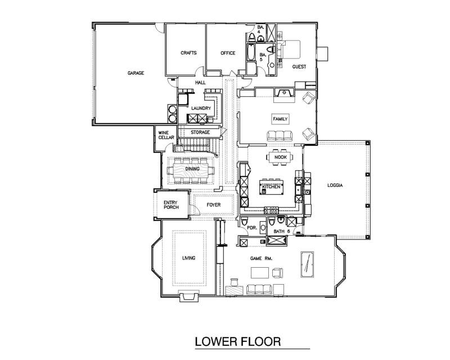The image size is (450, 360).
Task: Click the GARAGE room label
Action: click(136, 73)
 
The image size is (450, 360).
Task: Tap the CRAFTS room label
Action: click(188, 53)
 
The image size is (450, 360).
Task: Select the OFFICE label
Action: click(228, 53)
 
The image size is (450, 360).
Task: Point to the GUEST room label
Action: click(299, 66)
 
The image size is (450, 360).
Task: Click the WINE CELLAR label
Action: click(166, 135)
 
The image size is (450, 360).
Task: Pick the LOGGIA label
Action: click(335, 185)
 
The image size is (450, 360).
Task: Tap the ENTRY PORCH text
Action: click(171, 205)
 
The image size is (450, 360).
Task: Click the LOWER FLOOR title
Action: click(238, 341)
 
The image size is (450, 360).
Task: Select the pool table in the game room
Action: click(307, 264)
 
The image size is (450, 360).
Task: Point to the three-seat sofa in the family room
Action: click(280, 136)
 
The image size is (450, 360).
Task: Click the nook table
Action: click(280, 157)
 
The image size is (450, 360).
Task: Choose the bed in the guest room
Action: click(290, 49)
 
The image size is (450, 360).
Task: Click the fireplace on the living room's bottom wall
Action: click(188, 296)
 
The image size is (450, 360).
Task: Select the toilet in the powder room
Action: click(244, 221)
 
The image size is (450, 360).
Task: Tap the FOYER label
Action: click(214, 205)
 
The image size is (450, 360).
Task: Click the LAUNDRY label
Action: click(201, 108)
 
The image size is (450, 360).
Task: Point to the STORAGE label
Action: click(200, 132)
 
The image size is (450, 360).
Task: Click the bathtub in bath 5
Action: click(251, 52)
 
